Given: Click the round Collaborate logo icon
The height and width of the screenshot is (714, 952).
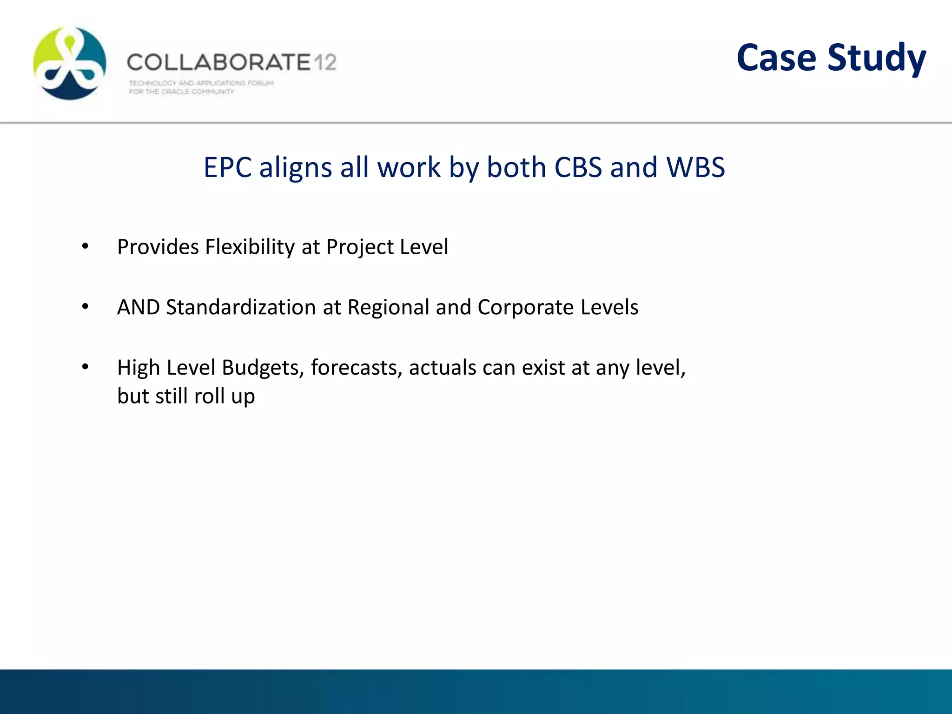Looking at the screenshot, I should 70,63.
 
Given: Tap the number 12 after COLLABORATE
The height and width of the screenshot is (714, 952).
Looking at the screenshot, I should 324,62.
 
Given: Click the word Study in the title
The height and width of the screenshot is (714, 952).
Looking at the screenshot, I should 877,59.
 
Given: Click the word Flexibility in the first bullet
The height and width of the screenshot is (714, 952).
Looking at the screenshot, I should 250,247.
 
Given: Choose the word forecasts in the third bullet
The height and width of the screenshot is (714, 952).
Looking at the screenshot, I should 357,368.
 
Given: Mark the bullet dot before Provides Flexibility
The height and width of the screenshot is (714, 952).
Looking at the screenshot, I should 85,246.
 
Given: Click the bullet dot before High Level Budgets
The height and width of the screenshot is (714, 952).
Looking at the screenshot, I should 85,367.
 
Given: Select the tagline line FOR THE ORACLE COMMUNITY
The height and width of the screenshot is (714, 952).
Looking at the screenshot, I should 181,92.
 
